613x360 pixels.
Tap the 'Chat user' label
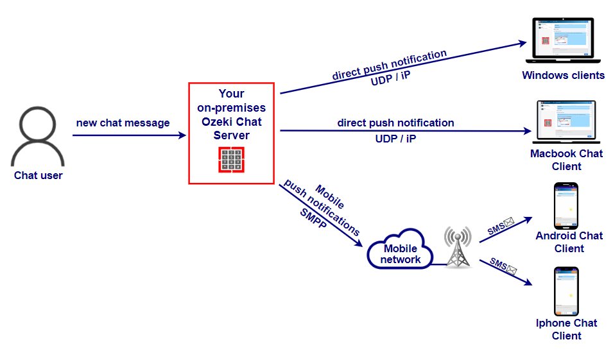39,175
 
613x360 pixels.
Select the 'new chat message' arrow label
123,123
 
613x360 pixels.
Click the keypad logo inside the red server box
231,160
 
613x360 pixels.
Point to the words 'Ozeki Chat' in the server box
231,122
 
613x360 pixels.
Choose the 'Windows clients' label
563,75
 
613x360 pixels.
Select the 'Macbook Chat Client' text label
566,160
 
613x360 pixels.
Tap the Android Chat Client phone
566,206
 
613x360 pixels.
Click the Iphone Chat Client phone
566,291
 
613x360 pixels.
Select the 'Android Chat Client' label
569,242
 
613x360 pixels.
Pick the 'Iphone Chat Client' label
567,329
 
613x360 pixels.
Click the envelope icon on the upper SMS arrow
509,223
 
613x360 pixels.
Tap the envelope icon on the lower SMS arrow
512,270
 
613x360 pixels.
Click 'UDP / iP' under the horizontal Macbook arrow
395,138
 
